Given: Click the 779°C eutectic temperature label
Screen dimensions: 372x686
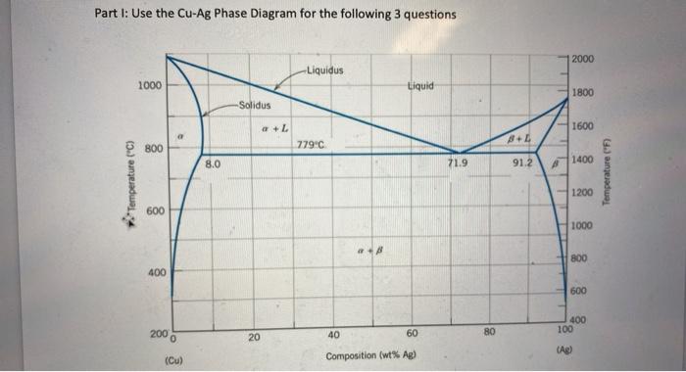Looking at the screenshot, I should (310, 146).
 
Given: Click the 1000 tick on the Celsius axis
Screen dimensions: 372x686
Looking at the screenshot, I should (149, 86).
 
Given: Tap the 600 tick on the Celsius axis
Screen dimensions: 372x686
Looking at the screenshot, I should (152, 210).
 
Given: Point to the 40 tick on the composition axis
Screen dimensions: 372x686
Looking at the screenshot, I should (333, 334).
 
